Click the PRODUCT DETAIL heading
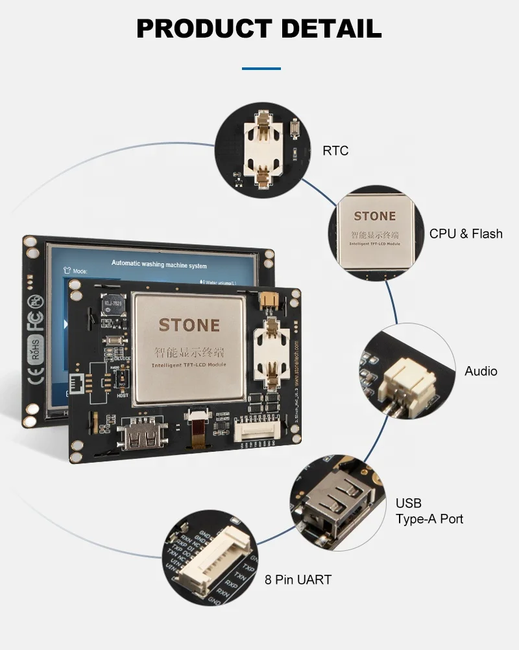click(x=259, y=29)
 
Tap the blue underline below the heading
click(x=261, y=68)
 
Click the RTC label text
click(x=335, y=151)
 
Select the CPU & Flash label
click(x=465, y=234)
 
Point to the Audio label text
click(x=481, y=371)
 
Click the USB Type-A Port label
click(x=429, y=511)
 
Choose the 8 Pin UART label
click(x=298, y=579)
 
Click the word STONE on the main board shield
click(x=189, y=325)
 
